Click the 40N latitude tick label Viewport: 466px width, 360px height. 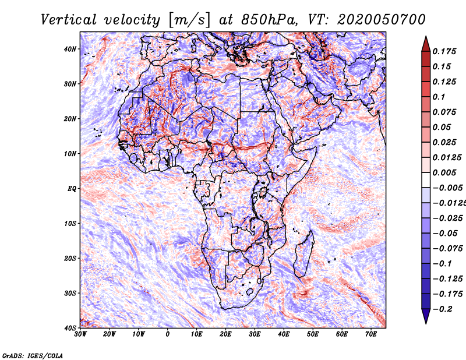[x=70, y=49]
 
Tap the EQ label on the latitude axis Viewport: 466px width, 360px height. [x=72, y=189]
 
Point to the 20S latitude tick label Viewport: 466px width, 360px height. [x=70, y=258]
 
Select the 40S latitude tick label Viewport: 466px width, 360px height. [x=70, y=328]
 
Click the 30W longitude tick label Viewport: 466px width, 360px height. [x=80, y=334]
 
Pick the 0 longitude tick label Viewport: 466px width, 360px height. [x=168, y=334]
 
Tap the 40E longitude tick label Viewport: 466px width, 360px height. [x=284, y=334]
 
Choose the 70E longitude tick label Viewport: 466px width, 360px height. [x=371, y=334]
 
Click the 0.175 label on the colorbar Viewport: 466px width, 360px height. [x=444, y=51]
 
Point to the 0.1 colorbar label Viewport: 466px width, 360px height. [x=439, y=97]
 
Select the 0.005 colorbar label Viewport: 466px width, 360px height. [x=444, y=172]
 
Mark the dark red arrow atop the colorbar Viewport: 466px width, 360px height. [x=426, y=44]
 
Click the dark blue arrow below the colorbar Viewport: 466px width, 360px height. [x=426, y=316]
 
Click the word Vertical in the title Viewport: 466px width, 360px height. [x=69, y=20]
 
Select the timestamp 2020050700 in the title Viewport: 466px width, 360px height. [x=382, y=20]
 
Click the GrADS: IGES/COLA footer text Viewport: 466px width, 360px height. [x=33, y=355]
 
